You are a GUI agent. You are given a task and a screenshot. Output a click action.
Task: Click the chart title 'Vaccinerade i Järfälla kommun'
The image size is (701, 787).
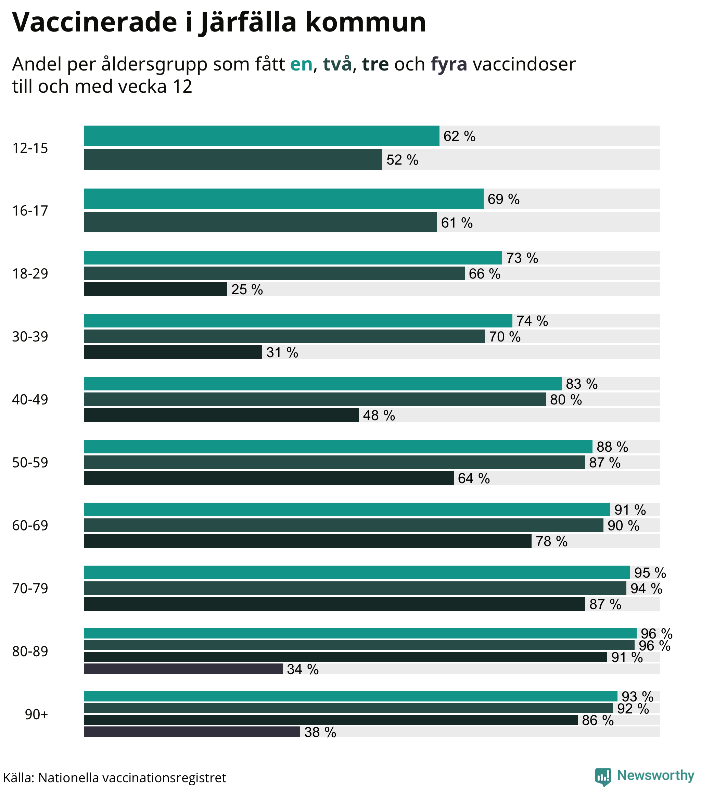coord(219,22)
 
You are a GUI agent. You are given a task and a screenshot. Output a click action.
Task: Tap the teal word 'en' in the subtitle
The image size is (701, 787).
coord(301,64)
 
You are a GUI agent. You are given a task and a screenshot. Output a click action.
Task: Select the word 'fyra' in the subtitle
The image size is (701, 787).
coord(449,64)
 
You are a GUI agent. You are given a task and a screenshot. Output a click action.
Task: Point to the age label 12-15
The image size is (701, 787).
coord(30,148)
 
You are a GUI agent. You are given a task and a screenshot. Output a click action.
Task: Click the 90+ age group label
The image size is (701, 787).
coord(36,714)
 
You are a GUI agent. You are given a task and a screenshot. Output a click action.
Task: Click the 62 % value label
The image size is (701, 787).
coord(459,136)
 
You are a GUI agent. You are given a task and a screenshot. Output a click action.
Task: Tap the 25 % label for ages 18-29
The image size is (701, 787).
coord(247,289)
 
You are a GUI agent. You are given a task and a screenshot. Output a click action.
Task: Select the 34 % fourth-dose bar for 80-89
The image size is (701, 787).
coord(183,669)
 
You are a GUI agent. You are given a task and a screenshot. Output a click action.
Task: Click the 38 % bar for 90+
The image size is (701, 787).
coord(192,732)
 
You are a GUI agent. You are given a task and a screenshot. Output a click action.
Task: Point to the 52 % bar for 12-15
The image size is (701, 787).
coord(233,160)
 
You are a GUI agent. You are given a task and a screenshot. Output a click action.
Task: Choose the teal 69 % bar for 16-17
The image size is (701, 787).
coord(283,199)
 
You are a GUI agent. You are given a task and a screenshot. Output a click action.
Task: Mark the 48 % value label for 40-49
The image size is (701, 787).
coord(379,416)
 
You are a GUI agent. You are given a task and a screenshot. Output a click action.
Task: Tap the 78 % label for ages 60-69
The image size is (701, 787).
coord(551,542)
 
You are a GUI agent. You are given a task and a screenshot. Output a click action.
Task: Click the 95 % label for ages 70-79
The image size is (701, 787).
coord(650,573)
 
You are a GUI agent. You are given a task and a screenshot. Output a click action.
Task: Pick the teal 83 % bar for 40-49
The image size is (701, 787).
coord(322,384)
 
